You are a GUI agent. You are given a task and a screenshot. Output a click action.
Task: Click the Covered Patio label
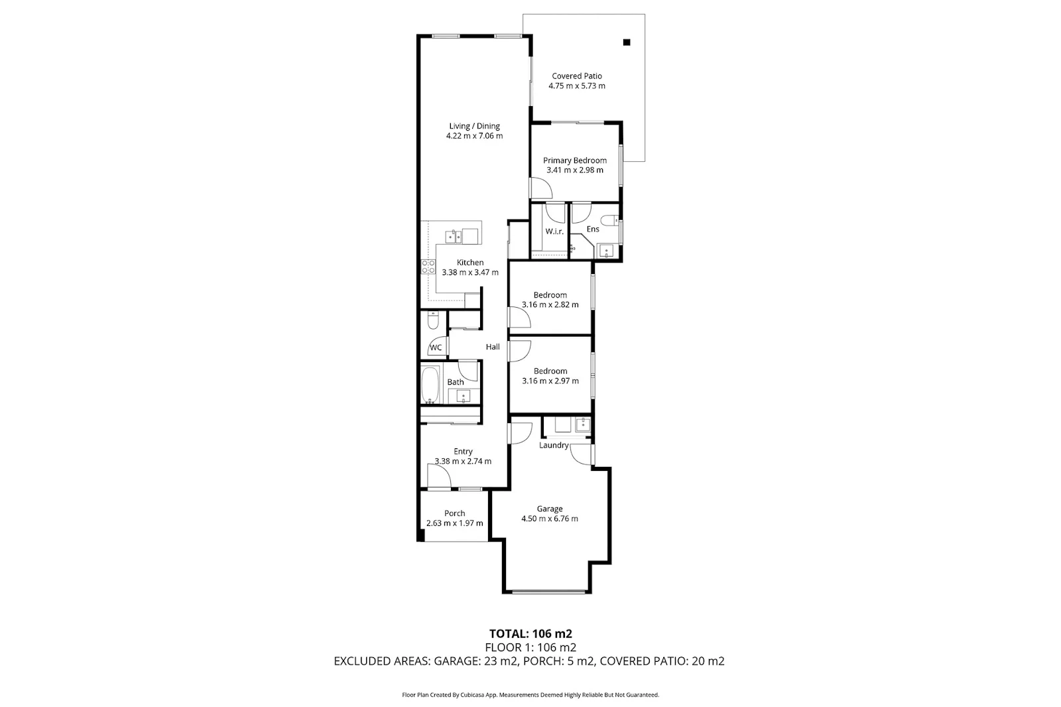[576, 76]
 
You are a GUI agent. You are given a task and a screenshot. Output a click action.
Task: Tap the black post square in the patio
[627, 42]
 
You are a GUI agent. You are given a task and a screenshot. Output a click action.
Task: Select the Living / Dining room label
[474, 126]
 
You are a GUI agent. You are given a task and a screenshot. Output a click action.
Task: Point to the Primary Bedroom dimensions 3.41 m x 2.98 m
[574, 170]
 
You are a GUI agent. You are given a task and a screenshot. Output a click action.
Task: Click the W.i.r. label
[554, 231]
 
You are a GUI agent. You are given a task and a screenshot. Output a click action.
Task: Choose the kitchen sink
[455, 235]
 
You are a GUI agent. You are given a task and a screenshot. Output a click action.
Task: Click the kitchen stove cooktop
[428, 267]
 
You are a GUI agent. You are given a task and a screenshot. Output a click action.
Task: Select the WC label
[436, 348]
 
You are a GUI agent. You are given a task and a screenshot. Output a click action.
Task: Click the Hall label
[493, 347]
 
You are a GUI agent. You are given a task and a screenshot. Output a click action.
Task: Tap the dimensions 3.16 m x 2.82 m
[550, 305]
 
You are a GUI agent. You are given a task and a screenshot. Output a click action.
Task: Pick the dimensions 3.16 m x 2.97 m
[550, 381]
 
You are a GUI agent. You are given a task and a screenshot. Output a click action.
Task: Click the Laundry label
[554, 445]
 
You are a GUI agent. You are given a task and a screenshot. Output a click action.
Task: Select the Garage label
[550, 509]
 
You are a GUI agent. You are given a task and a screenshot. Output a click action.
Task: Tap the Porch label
[454, 513]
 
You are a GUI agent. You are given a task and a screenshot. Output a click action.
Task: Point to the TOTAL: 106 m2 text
[530, 633]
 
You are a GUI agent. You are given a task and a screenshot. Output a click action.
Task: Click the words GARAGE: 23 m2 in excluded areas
[475, 661]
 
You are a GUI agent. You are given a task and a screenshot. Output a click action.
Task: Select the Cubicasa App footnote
[530, 695]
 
